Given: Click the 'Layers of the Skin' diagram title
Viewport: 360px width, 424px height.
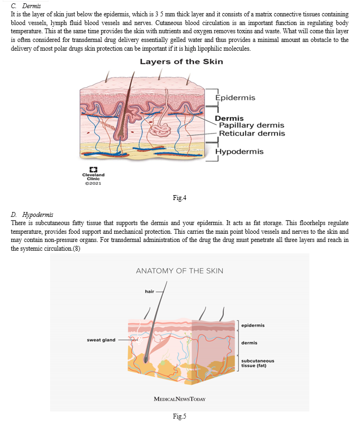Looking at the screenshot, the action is (x=181, y=62).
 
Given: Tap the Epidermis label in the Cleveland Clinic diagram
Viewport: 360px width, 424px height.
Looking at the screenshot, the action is (x=235, y=98).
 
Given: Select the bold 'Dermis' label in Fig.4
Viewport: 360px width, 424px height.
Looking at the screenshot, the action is (x=229, y=118).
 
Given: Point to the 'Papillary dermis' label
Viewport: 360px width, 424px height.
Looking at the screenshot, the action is (x=252, y=125).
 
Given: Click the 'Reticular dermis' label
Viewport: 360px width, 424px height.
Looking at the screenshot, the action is (x=252, y=134).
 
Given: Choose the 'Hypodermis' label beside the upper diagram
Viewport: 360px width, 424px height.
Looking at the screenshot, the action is (x=240, y=152).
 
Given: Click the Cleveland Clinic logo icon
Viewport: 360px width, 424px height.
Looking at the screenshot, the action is (x=93, y=169).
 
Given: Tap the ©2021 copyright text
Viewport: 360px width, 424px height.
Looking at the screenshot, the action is (x=93, y=183).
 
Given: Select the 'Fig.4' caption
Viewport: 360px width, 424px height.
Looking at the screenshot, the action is (x=180, y=198).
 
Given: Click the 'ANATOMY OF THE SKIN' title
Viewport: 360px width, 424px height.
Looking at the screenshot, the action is (x=180, y=271).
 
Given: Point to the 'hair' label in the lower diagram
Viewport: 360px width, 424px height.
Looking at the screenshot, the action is (x=149, y=291).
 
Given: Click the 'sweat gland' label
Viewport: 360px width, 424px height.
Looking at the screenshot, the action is (x=101, y=340).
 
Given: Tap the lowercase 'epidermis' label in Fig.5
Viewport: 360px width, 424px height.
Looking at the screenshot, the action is (x=253, y=325).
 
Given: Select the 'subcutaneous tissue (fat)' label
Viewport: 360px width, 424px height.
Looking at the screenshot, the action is (x=258, y=363).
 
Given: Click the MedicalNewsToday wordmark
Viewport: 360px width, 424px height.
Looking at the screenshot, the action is (x=180, y=399).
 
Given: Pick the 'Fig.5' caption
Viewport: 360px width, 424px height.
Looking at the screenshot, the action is (x=180, y=416).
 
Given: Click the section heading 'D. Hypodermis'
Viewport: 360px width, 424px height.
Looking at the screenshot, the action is (x=32, y=215).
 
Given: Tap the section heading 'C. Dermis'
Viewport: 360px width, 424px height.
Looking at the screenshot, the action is (x=26, y=5).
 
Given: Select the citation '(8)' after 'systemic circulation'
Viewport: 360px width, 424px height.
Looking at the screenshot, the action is (x=76, y=248).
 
